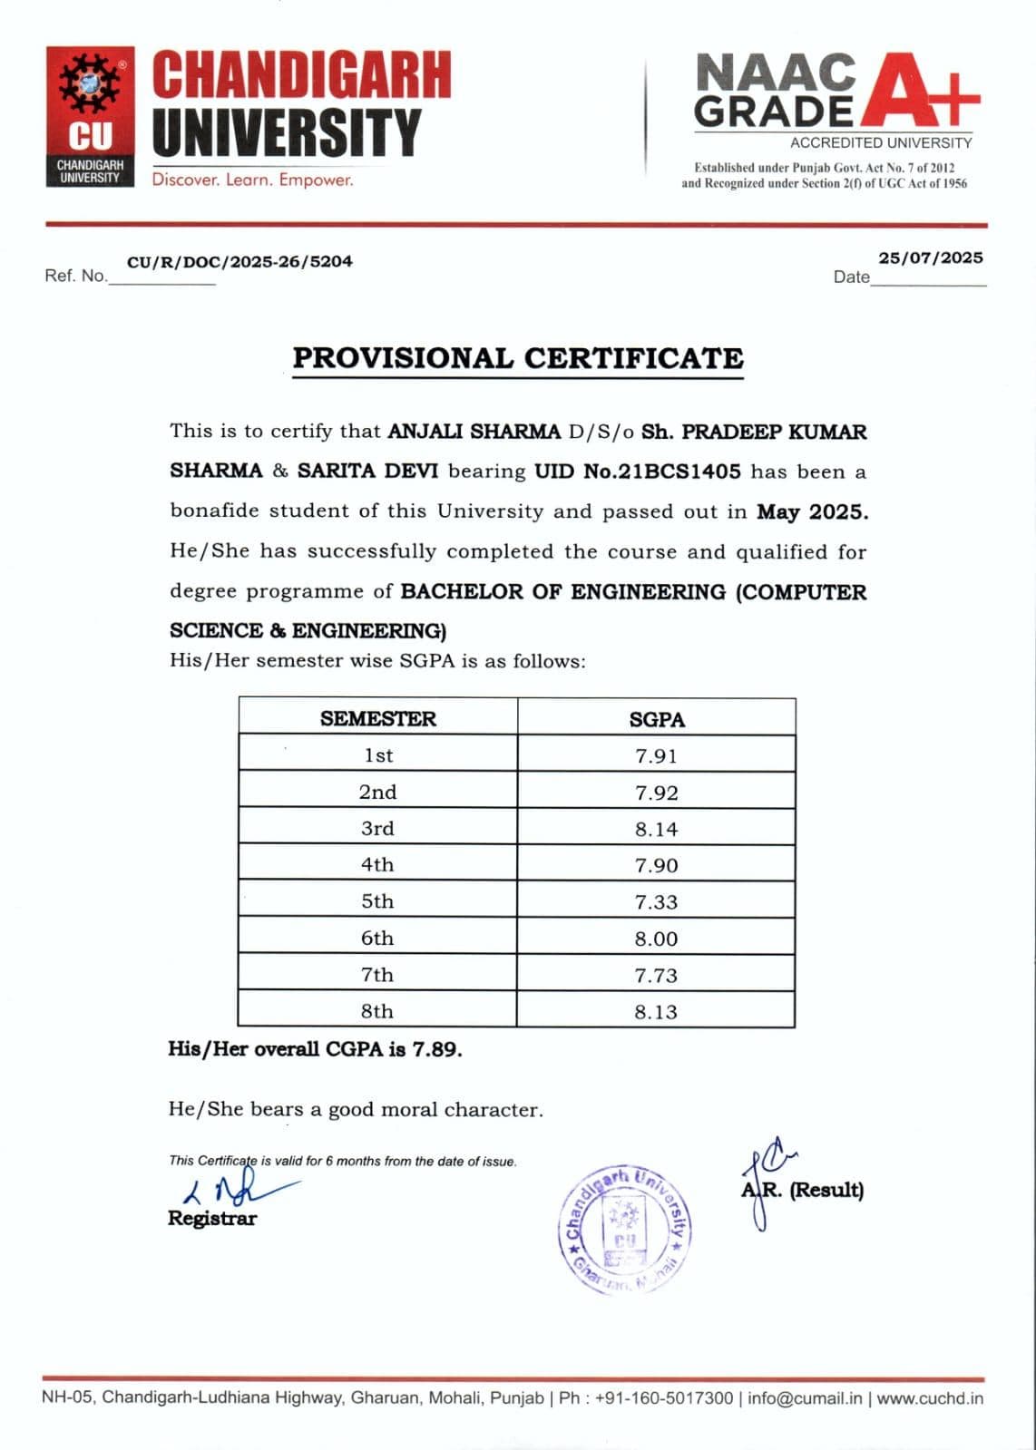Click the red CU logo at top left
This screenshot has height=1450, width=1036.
(x=90, y=116)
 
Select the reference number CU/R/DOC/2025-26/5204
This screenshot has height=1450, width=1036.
(x=239, y=262)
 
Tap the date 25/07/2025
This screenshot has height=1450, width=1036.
(x=930, y=258)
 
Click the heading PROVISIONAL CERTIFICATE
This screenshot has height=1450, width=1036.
(x=517, y=358)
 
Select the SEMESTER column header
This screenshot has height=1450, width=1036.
(x=377, y=718)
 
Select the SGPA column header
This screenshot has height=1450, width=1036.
(x=656, y=719)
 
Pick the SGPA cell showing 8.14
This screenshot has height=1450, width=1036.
(x=656, y=829)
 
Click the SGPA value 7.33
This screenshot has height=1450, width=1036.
(x=656, y=902)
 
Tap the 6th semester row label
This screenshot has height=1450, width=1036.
(x=377, y=939)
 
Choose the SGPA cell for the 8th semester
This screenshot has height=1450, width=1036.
(x=656, y=1012)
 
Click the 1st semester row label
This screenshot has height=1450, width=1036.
(x=377, y=755)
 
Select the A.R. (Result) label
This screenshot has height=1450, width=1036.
(x=803, y=1190)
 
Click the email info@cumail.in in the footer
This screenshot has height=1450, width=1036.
(x=805, y=1398)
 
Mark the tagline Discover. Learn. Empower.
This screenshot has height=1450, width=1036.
(x=252, y=180)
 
